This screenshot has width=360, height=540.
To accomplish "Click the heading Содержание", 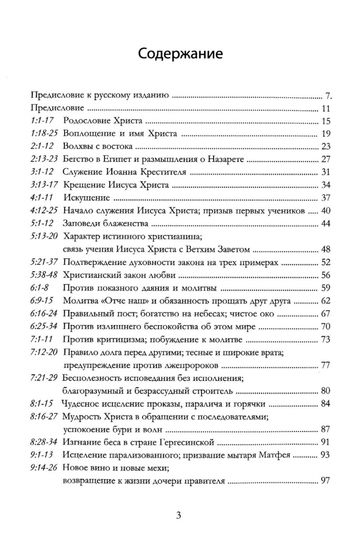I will coord(180,54).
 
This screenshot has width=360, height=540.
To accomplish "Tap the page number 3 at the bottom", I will coord(179,514).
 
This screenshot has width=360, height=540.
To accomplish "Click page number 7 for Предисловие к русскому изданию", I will coord(328,95).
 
